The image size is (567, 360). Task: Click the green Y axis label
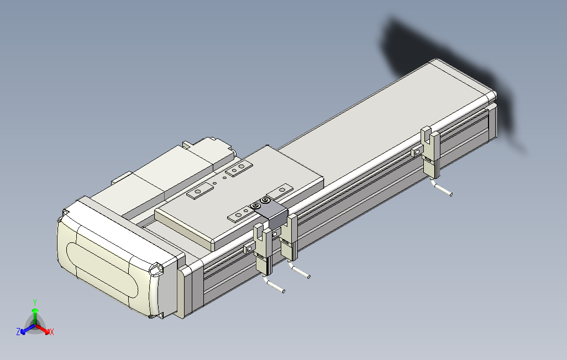34,302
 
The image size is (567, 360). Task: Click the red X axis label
51,332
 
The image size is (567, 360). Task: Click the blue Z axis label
18,332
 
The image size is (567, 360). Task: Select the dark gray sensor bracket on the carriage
269,212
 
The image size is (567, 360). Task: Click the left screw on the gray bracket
256,206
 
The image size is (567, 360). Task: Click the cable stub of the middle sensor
301,272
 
